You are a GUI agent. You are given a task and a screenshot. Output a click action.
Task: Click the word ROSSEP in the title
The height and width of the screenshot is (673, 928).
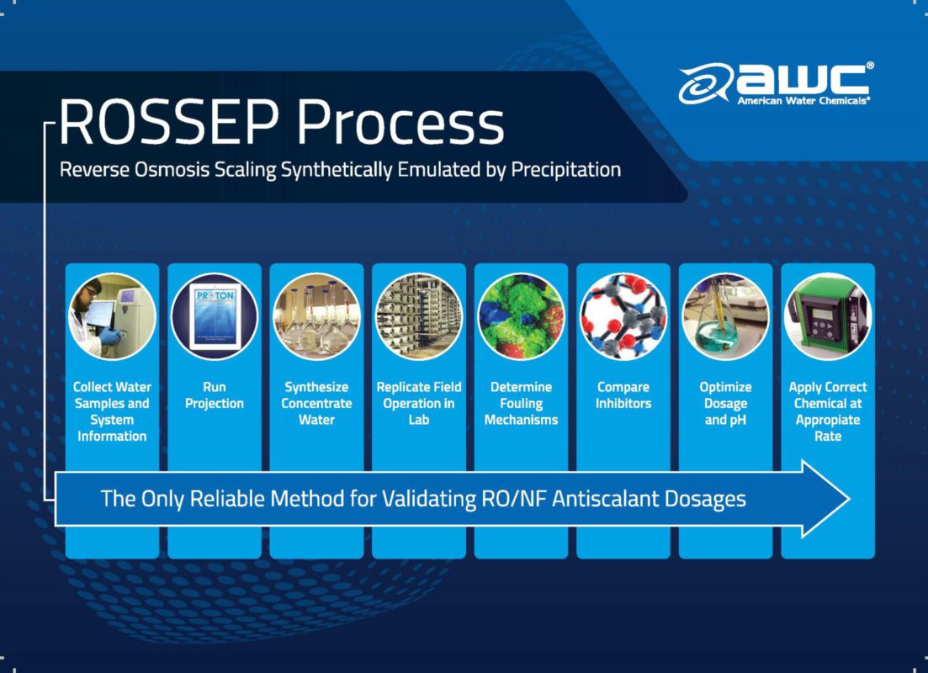tap(168, 122)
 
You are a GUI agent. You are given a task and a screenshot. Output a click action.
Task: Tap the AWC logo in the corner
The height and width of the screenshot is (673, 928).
tap(776, 83)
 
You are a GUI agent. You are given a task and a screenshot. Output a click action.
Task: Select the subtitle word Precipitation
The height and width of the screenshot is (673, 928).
tap(565, 170)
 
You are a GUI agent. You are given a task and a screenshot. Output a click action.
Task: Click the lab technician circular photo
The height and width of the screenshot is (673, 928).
tap(112, 316)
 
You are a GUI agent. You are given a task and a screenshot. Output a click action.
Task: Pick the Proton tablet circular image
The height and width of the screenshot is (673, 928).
tap(215, 316)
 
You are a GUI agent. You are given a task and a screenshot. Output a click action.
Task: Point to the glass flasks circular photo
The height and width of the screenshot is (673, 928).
tap(316, 316)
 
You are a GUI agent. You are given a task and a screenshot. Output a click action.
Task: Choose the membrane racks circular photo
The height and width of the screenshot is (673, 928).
tap(419, 316)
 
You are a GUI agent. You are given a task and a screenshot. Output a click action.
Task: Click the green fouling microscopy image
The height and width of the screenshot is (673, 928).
tap(521, 316)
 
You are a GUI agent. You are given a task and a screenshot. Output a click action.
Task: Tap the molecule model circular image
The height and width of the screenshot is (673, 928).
tap(623, 316)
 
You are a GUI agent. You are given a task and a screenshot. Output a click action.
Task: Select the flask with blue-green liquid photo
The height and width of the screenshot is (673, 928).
tap(725, 316)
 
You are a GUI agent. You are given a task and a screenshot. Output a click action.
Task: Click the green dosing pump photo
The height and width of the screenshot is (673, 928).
tap(828, 316)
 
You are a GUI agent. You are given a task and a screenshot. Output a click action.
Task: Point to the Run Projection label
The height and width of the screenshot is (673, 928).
tap(215, 395)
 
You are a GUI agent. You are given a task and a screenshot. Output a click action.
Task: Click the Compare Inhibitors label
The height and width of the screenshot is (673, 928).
tap(623, 395)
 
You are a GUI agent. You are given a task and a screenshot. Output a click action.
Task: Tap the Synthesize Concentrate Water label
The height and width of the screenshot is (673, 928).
tap(316, 404)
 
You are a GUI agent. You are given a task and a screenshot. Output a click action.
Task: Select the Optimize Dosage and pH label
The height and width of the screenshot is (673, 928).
tap(725, 404)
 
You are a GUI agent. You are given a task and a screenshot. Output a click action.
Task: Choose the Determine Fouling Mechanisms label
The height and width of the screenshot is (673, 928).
tap(521, 404)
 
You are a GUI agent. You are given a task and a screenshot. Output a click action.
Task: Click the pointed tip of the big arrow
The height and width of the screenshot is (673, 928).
tap(849, 499)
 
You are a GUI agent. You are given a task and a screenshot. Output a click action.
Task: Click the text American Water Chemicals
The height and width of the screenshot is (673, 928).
tap(803, 101)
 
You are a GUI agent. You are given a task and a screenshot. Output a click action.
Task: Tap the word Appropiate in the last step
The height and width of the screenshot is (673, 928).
tap(828, 421)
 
